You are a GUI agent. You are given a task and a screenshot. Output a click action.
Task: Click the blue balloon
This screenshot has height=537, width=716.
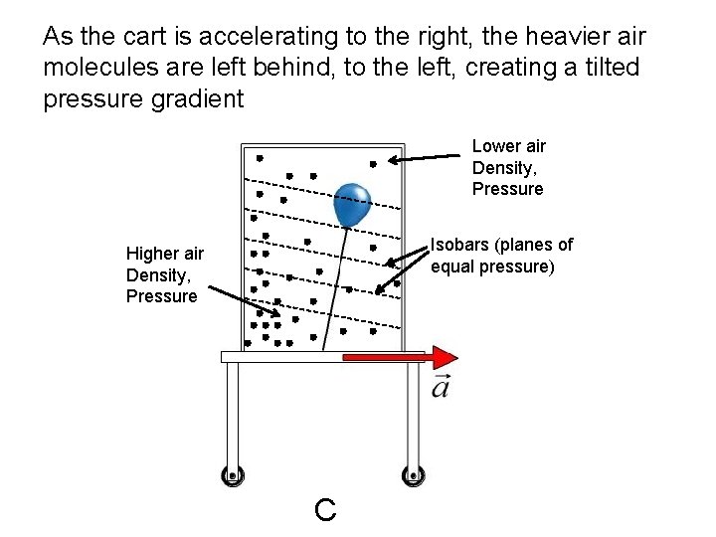coord(352,205)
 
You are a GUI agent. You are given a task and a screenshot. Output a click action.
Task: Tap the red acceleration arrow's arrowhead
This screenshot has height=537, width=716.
coord(445,357)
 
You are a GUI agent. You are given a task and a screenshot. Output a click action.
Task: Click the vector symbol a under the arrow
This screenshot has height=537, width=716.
coord(441,386)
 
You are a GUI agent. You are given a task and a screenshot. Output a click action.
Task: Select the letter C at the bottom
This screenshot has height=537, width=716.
coord(324,510)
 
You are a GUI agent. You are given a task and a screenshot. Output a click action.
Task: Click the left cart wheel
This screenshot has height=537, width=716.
coord(233,475)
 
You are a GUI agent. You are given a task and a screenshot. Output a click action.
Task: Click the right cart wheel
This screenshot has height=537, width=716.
coord(411,475)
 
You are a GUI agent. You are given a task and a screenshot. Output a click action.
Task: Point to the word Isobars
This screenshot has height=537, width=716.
coord(460,245)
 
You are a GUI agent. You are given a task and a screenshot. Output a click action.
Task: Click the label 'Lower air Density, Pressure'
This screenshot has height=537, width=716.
coord(507,167)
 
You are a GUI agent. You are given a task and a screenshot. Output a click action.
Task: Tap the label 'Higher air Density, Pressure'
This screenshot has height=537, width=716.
coord(164,274)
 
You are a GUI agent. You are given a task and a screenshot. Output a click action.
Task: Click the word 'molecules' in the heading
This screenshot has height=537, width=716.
coord(92,69)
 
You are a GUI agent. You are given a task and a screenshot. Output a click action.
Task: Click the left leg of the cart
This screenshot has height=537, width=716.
coord(233,413)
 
